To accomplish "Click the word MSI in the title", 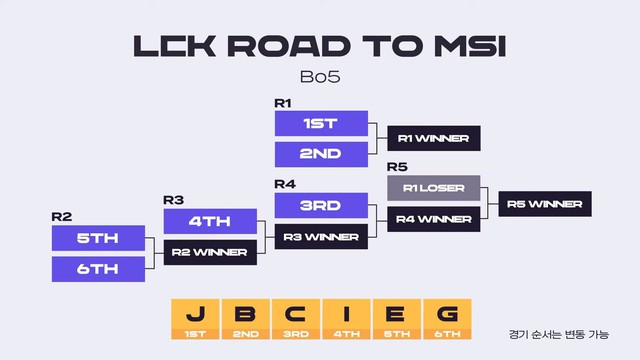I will [x=468, y=48].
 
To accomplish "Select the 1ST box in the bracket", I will [x=322, y=124].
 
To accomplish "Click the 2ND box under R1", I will [x=322, y=154].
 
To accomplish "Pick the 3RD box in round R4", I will [x=322, y=206].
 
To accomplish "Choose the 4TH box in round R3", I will [x=210, y=221].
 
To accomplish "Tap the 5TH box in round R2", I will [x=98, y=239].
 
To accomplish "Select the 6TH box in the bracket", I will [x=98, y=269].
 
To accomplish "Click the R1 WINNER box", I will [x=434, y=139].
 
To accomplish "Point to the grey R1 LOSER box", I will [x=434, y=188].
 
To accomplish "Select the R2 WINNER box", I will [x=210, y=252].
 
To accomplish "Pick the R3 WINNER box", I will [x=322, y=237].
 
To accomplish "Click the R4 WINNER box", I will [x=434, y=219].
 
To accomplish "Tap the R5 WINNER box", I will [x=546, y=204].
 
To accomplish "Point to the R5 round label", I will [x=396, y=166].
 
